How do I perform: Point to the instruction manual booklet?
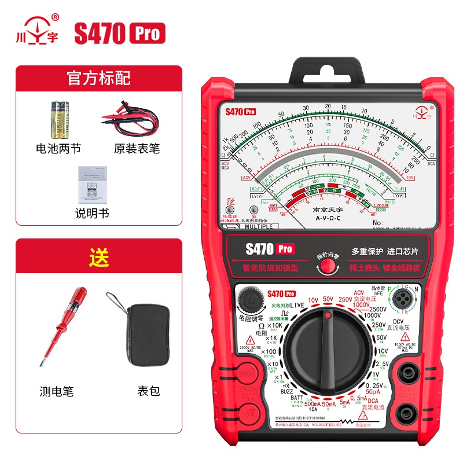tap(93, 184)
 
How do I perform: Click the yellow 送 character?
tap(98, 256)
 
